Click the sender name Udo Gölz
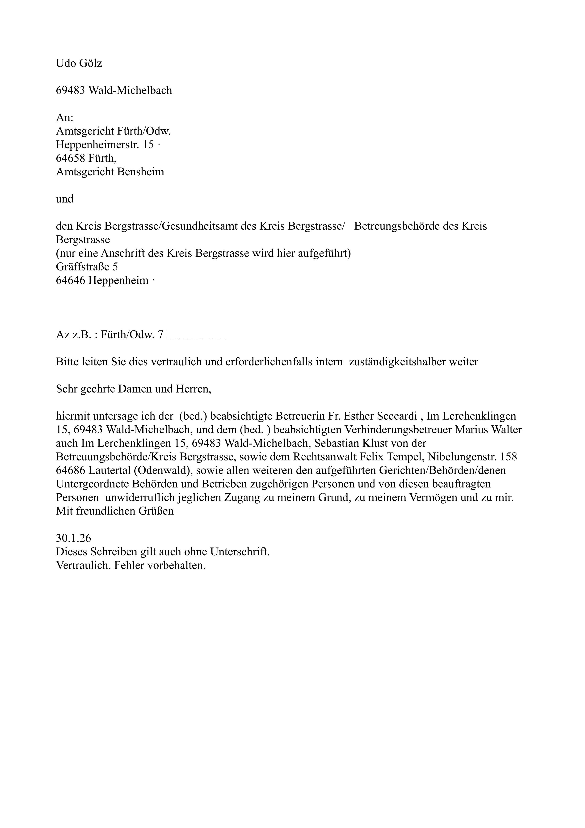tap(79, 63)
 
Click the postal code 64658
tap(70, 158)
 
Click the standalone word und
tap(64, 199)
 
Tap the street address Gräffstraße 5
tap(87, 267)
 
